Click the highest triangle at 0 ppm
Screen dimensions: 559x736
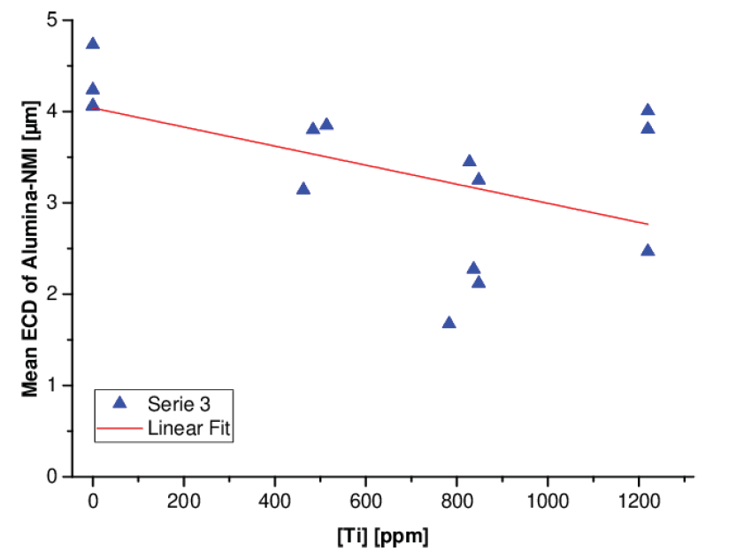(x=93, y=43)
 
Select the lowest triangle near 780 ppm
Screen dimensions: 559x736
(x=448, y=322)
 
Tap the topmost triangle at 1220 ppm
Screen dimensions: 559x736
(x=648, y=110)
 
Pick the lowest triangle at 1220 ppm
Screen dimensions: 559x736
(x=648, y=250)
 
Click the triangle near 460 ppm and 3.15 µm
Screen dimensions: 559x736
(x=303, y=188)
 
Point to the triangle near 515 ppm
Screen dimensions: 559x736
(x=326, y=124)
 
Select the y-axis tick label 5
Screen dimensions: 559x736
(x=52, y=20)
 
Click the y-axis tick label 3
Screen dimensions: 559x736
(x=52, y=203)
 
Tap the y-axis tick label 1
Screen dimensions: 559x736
(x=52, y=386)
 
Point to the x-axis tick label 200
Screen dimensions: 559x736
(x=184, y=499)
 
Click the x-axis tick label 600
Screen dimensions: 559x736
(x=365, y=499)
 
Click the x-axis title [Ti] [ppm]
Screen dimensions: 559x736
(x=381, y=536)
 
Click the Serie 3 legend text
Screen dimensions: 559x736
(x=180, y=402)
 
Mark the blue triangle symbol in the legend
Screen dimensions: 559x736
(x=121, y=402)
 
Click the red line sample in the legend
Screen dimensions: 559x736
(x=121, y=428)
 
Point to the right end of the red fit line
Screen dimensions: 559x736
(x=648, y=224)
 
